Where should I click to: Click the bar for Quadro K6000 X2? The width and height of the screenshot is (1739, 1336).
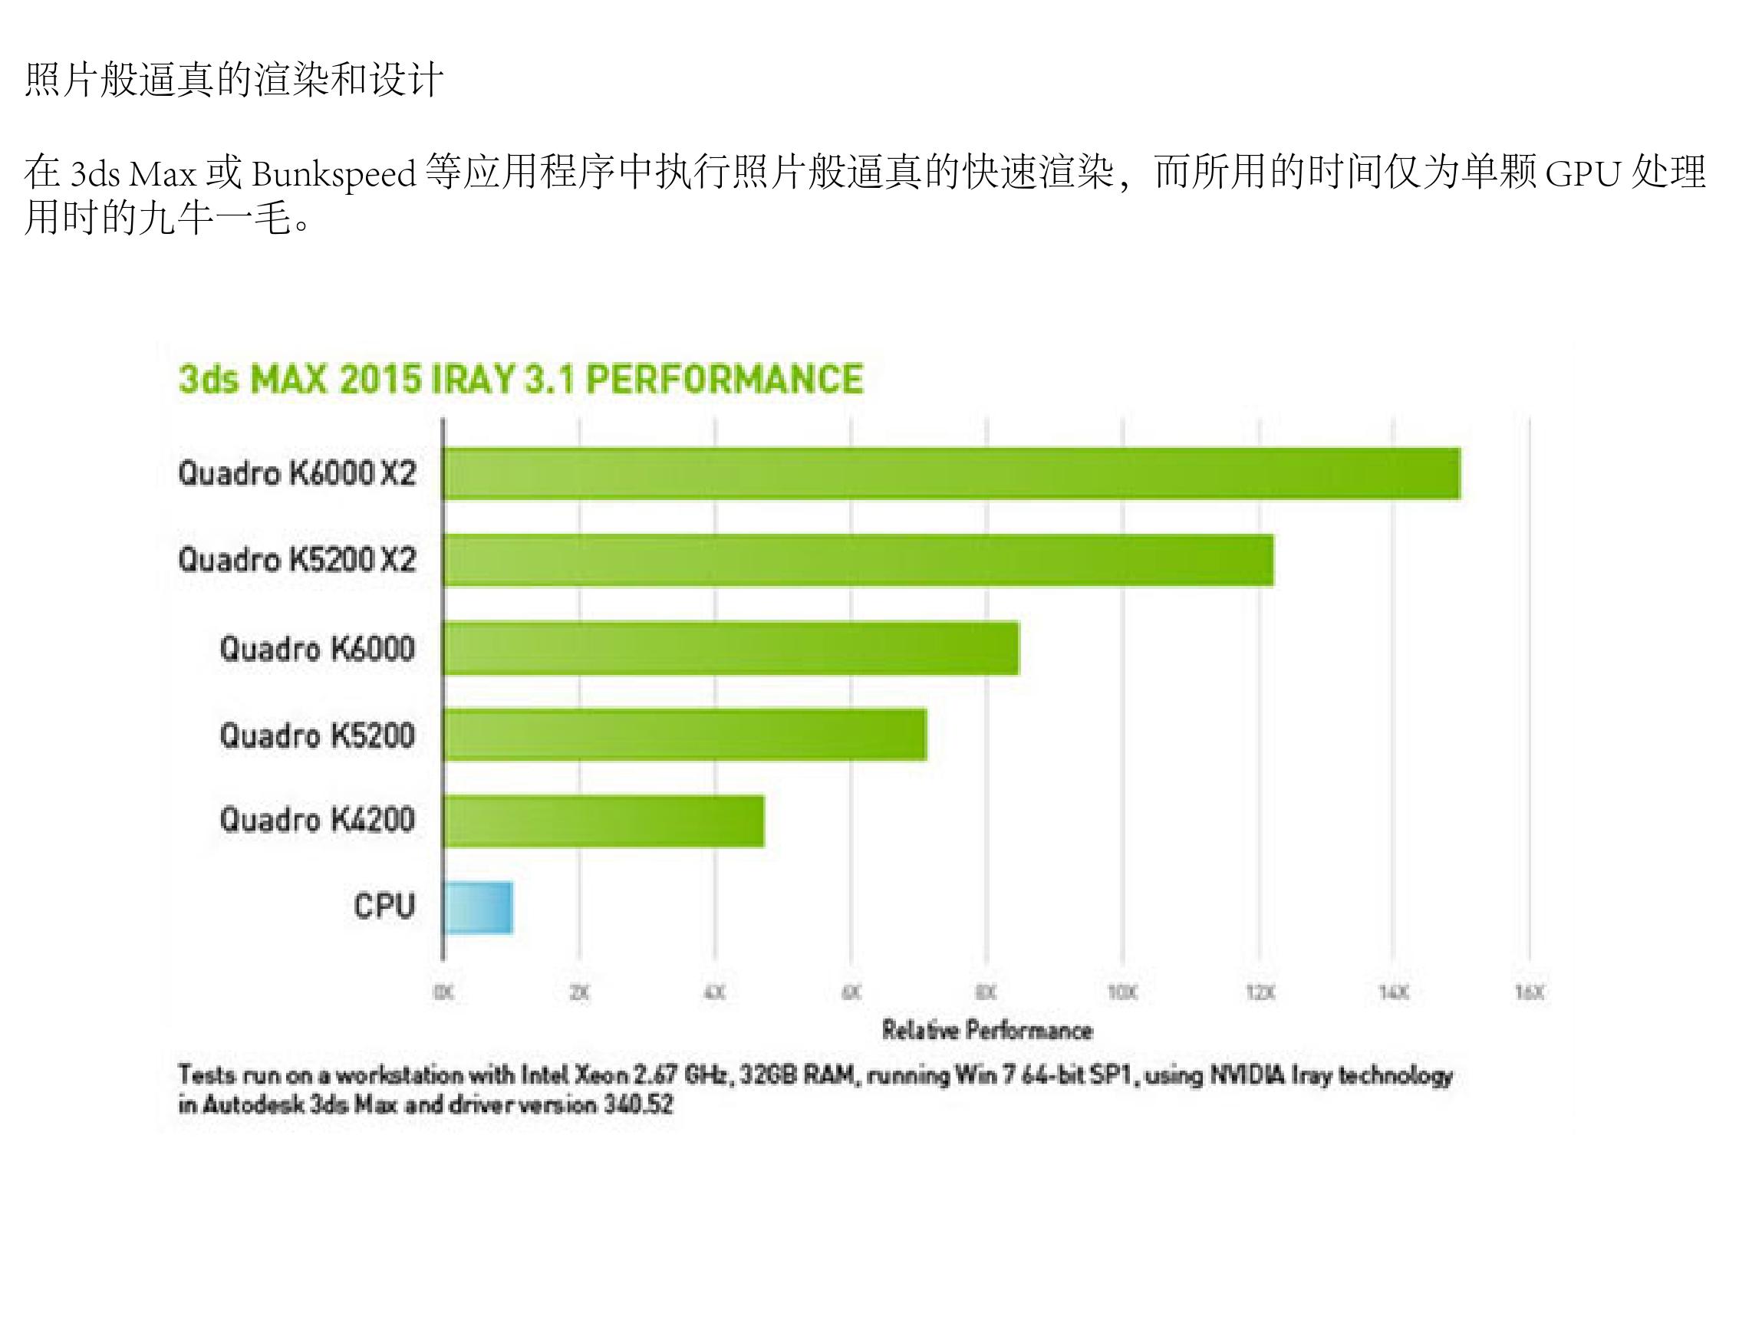pos(950,474)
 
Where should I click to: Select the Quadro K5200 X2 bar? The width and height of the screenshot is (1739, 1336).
pos(858,560)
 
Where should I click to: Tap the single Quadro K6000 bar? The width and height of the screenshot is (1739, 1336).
pos(730,648)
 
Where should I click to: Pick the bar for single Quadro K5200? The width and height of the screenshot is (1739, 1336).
pos(685,734)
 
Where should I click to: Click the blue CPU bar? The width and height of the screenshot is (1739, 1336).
pos(477,907)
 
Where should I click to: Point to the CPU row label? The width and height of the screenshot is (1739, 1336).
pos(384,906)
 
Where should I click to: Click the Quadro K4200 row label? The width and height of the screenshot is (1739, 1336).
pos(318,819)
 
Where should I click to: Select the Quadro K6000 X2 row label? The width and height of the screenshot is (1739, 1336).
pos(297,473)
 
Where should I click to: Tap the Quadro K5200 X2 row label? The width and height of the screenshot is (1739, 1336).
pos(297,560)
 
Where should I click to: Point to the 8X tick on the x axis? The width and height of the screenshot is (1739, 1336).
pos(986,992)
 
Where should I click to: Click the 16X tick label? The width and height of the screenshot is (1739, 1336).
pos(1529,992)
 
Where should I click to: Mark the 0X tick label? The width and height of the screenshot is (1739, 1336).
pos(443,992)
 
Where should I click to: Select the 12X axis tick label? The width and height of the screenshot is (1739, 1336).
pos(1259,992)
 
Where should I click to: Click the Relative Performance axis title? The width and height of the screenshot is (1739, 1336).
pos(986,1031)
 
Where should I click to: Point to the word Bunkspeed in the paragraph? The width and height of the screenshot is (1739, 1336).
pos(334,174)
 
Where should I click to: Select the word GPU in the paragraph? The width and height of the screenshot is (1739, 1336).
pos(1583,174)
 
